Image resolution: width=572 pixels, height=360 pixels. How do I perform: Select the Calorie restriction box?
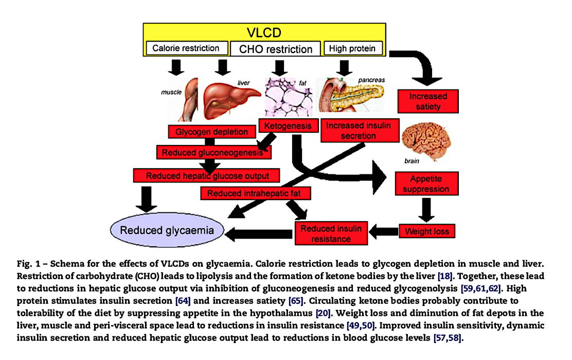click(x=186, y=48)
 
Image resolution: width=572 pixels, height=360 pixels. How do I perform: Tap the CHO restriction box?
click(x=275, y=49)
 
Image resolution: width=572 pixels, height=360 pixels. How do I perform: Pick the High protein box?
click(x=352, y=48)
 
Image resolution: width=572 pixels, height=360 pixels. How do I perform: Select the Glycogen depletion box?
click(x=211, y=132)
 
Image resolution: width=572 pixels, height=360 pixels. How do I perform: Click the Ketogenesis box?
click(x=288, y=125)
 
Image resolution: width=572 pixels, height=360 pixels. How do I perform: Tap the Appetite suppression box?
click(x=426, y=184)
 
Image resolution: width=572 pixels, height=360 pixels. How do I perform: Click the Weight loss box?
click(x=427, y=231)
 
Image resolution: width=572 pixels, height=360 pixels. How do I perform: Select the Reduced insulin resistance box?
click(x=331, y=233)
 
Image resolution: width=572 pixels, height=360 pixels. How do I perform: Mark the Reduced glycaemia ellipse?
click(x=167, y=230)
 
